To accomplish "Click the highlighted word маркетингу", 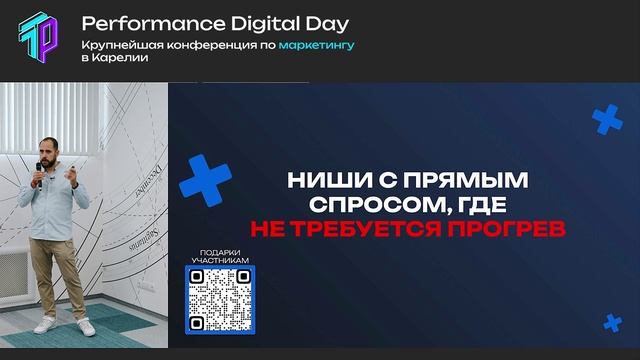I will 317,45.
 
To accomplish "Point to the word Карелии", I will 120,58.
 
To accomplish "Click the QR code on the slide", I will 217,299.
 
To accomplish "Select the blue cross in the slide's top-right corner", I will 607,120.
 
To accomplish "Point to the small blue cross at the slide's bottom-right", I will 612,321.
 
